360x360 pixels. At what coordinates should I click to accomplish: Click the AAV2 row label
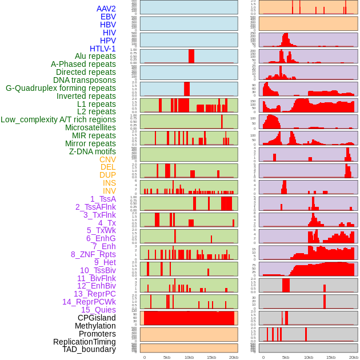tap(106, 9)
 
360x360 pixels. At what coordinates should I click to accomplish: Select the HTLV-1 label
tap(102, 49)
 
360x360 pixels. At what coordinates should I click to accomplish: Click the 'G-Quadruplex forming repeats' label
tap(61, 89)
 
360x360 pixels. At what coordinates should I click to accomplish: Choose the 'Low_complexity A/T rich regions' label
tap(58, 120)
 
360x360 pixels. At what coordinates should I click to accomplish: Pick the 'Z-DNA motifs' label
tap(93, 151)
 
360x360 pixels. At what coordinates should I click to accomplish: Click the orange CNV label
tap(107, 159)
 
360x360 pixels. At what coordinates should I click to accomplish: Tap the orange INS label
tap(109, 183)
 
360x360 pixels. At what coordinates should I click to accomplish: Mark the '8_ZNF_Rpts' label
tap(93, 254)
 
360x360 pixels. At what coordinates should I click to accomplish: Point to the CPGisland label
tap(97, 318)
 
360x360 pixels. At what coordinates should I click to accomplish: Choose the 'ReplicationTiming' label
tap(84, 342)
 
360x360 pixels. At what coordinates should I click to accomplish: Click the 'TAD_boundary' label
tap(89, 349)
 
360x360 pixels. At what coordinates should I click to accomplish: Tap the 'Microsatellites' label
tap(90, 128)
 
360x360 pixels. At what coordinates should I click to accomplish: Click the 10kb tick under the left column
tap(189, 357)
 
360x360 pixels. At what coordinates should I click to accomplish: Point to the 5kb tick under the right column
tap(285, 357)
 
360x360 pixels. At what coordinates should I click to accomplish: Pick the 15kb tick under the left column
tap(211, 357)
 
